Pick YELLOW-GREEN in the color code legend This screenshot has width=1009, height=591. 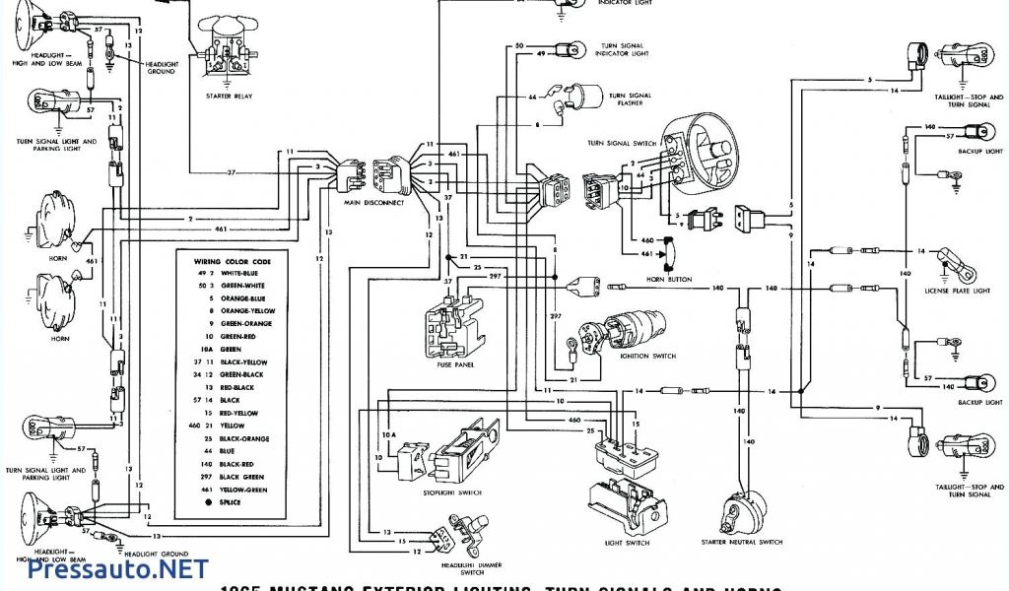coord(240,489)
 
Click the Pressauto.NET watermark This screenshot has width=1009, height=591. coord(118,569)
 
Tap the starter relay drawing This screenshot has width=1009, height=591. coord(228,49)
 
